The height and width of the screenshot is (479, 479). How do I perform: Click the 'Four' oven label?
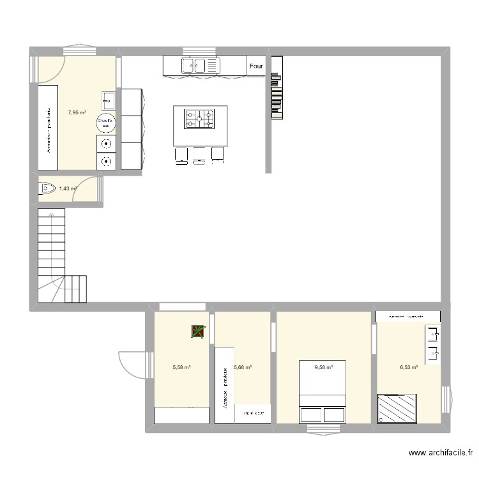pyautogui.click(x=256, y=66)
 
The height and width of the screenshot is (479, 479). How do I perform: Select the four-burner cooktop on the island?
pyautogui.click(x=199, y=119)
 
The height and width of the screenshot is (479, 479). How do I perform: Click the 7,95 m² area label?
pyautogui.click(x=77, y=113)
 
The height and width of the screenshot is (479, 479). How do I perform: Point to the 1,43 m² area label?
pyautogui.click(x=68, y=188)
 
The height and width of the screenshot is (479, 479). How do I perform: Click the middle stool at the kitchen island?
pyautogui.click(x=199, y=153)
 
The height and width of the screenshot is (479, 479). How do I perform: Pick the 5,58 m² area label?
pyautogui.click(x=182, y=367)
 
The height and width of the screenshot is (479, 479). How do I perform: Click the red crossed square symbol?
pyautogui.click(x=199, y=331)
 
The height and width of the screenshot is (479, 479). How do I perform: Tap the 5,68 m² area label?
pyautogui.click(x=243, y=367)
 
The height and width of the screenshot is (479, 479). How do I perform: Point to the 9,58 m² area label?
pyautogui.click(x=324, y=367)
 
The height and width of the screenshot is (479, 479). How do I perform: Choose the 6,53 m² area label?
pyautogui.click(x=409, y=367)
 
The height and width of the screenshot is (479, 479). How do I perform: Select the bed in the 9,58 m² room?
pyautogui.click(x=323, y=392)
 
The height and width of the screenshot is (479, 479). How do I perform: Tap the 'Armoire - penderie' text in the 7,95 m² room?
pyautogui.click(x=49, y=130)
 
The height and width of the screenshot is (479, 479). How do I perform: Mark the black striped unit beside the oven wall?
pyautogui.click(x=277, y=87)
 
